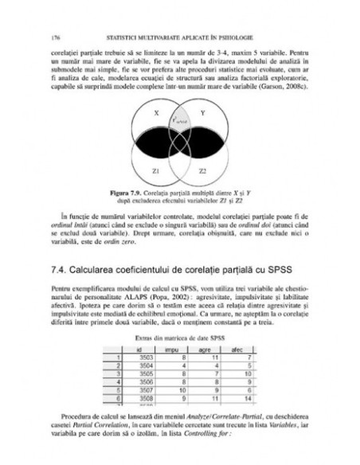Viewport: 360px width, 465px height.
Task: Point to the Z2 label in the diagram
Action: click(x=202, y=170)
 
